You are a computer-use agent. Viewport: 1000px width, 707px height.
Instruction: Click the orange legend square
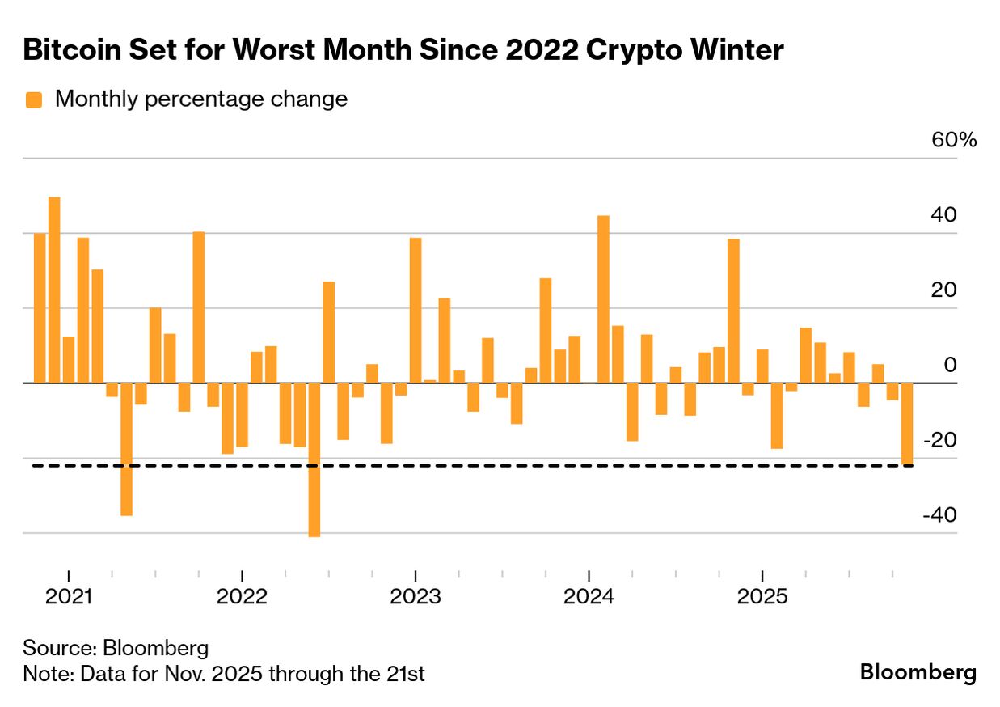(x=34, y=100)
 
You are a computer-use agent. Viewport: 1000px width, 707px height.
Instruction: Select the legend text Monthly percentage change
(x=200, y=99)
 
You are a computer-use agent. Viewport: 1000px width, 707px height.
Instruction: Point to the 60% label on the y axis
(x=954, y=140)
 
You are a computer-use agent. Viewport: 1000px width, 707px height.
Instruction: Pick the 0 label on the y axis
(x=951, y=365)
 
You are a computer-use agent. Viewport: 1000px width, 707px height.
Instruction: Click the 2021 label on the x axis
(x=69, y=597)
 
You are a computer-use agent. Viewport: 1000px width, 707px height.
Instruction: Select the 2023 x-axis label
(x=415, y=597)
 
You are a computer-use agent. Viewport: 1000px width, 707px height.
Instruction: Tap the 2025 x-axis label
(x=761, y=597)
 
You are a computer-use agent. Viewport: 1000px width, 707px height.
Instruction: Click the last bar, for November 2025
(x=907, y=424)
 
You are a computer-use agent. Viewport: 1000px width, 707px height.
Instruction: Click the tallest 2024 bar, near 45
(x=603, y=299)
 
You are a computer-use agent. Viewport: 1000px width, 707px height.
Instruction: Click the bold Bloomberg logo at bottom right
(x=918, y=672)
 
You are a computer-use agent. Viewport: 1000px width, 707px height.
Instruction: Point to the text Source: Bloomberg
(x=116, y=648)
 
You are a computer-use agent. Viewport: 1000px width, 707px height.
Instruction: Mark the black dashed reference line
(x=485, y=466)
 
